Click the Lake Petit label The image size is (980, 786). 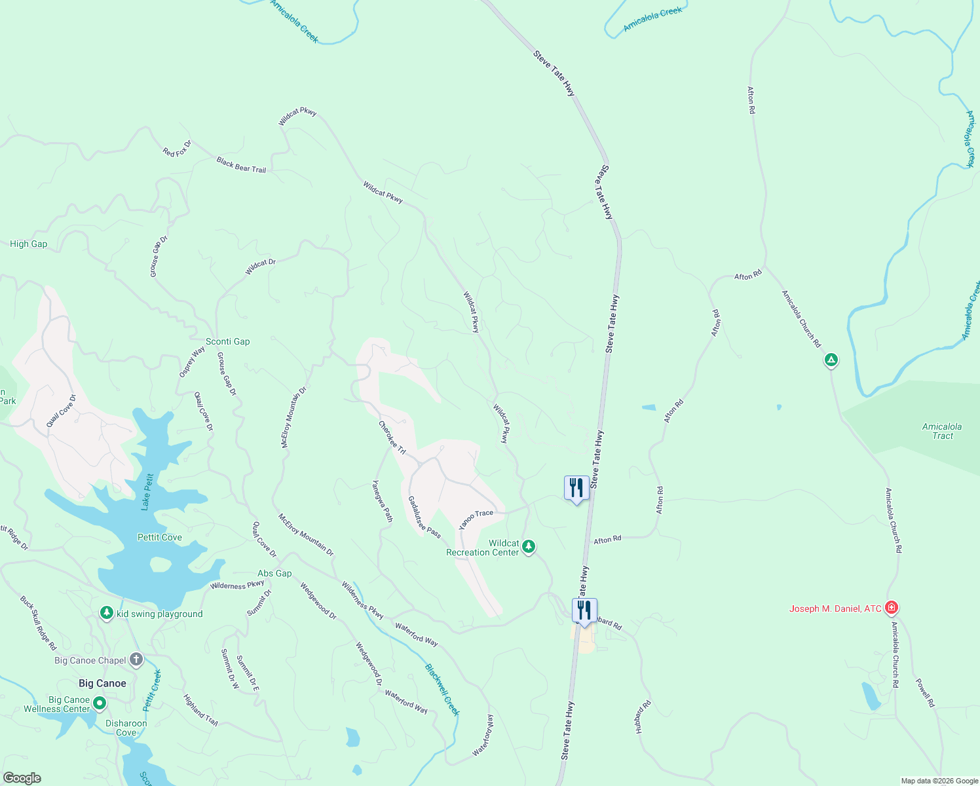pos(147,492)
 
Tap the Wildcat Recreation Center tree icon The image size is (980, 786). pos(529,546)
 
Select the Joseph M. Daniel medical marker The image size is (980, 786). pos(891,608)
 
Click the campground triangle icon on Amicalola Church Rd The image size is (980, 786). pos(831,360)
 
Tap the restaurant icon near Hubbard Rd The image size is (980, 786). pos(584,610)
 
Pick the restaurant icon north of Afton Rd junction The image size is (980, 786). pos(576,487)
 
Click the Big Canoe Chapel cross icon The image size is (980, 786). pos(136,659)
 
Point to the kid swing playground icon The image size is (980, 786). pos(107,613)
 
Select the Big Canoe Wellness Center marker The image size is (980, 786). pos(100,703)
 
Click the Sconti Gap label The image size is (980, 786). pos(227,341)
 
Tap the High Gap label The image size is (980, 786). pos(28,244)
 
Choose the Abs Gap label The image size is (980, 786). pos(274,573)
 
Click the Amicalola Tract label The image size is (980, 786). pos(942,431)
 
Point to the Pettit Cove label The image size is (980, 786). pos(160,537)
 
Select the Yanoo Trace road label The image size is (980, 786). pos(476,519)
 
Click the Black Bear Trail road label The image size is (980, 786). pos(241,164)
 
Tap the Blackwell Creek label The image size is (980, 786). pos(442,690)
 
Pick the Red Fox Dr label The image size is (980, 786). pos(177,149)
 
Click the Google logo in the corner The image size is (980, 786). pos(22,777)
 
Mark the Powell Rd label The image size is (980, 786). pos(925,692)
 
